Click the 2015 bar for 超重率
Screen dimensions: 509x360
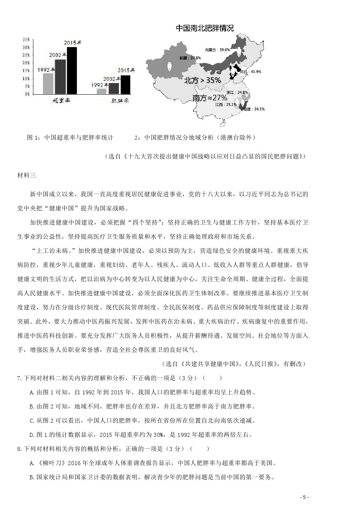coord(71,70)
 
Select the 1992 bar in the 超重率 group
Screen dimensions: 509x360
coord(48,84)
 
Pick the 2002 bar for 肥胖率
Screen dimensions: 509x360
coord(114,88)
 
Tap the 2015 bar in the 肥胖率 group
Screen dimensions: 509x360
coord(126,85)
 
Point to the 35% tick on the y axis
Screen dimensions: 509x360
coord(26,39)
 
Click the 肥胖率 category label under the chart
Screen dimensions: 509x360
coord(120,100)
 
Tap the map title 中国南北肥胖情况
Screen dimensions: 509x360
coord(205,29)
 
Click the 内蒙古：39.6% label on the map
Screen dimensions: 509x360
coord(217,50)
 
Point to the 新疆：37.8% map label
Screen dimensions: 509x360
coord(190,58)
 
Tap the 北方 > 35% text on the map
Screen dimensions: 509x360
coord(202,80)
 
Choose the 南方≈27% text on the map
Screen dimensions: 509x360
coord(210,98)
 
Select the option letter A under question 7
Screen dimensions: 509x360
coord(32,392)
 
